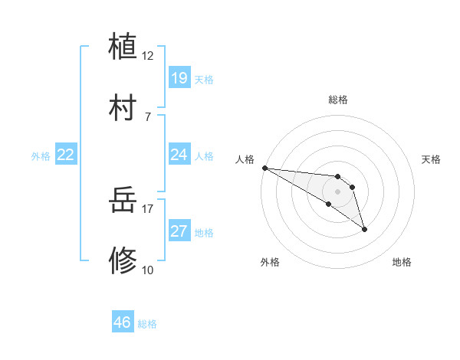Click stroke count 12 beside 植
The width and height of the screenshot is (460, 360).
coord(148,56)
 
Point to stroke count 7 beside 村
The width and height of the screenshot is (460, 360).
coord(148,116)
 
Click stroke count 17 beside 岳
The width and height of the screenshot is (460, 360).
coord(148,208)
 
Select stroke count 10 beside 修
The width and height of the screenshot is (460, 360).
coord(148,270)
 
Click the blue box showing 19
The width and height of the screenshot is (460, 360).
coord(179,78)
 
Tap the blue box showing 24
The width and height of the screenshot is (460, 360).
coord(179,155)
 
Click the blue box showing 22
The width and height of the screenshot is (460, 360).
coord(66,155)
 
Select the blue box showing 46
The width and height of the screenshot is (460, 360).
coord(123,323)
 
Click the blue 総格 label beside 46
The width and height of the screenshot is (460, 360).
coord(147,324)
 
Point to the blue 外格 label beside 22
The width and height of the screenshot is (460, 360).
coord(41,156)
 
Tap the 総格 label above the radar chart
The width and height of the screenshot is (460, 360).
coord(338,100)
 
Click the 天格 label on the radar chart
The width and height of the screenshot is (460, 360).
coord(432,159)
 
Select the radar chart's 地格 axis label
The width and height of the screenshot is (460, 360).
coord(402,262)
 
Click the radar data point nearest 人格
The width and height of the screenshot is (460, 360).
coord(264,168)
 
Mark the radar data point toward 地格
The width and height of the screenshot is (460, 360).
coord(364,229)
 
